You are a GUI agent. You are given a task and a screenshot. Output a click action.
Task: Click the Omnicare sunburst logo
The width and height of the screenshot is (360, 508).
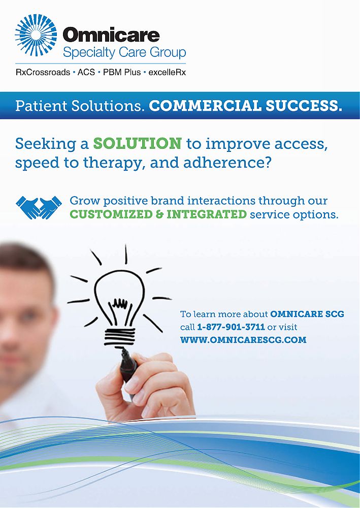point(36,35)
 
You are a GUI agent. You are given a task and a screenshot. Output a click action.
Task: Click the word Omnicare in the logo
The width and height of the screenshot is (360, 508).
point(111,35)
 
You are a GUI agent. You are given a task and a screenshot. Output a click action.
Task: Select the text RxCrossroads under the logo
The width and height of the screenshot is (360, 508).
point(43,73)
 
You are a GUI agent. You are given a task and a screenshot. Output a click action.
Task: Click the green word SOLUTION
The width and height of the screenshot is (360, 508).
point(137,143)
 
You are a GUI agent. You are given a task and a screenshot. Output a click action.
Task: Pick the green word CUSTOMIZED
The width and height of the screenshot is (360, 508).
point(111,214)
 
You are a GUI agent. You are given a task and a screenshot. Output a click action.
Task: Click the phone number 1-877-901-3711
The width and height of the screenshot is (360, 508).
point(231,327)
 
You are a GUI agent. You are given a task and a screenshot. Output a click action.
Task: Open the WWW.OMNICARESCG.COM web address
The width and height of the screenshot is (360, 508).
point(243,340)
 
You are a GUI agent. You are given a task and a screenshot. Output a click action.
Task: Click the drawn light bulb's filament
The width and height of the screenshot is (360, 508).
point(120,303)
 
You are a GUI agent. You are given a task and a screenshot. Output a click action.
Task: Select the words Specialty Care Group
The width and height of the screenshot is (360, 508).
point(124,52)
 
